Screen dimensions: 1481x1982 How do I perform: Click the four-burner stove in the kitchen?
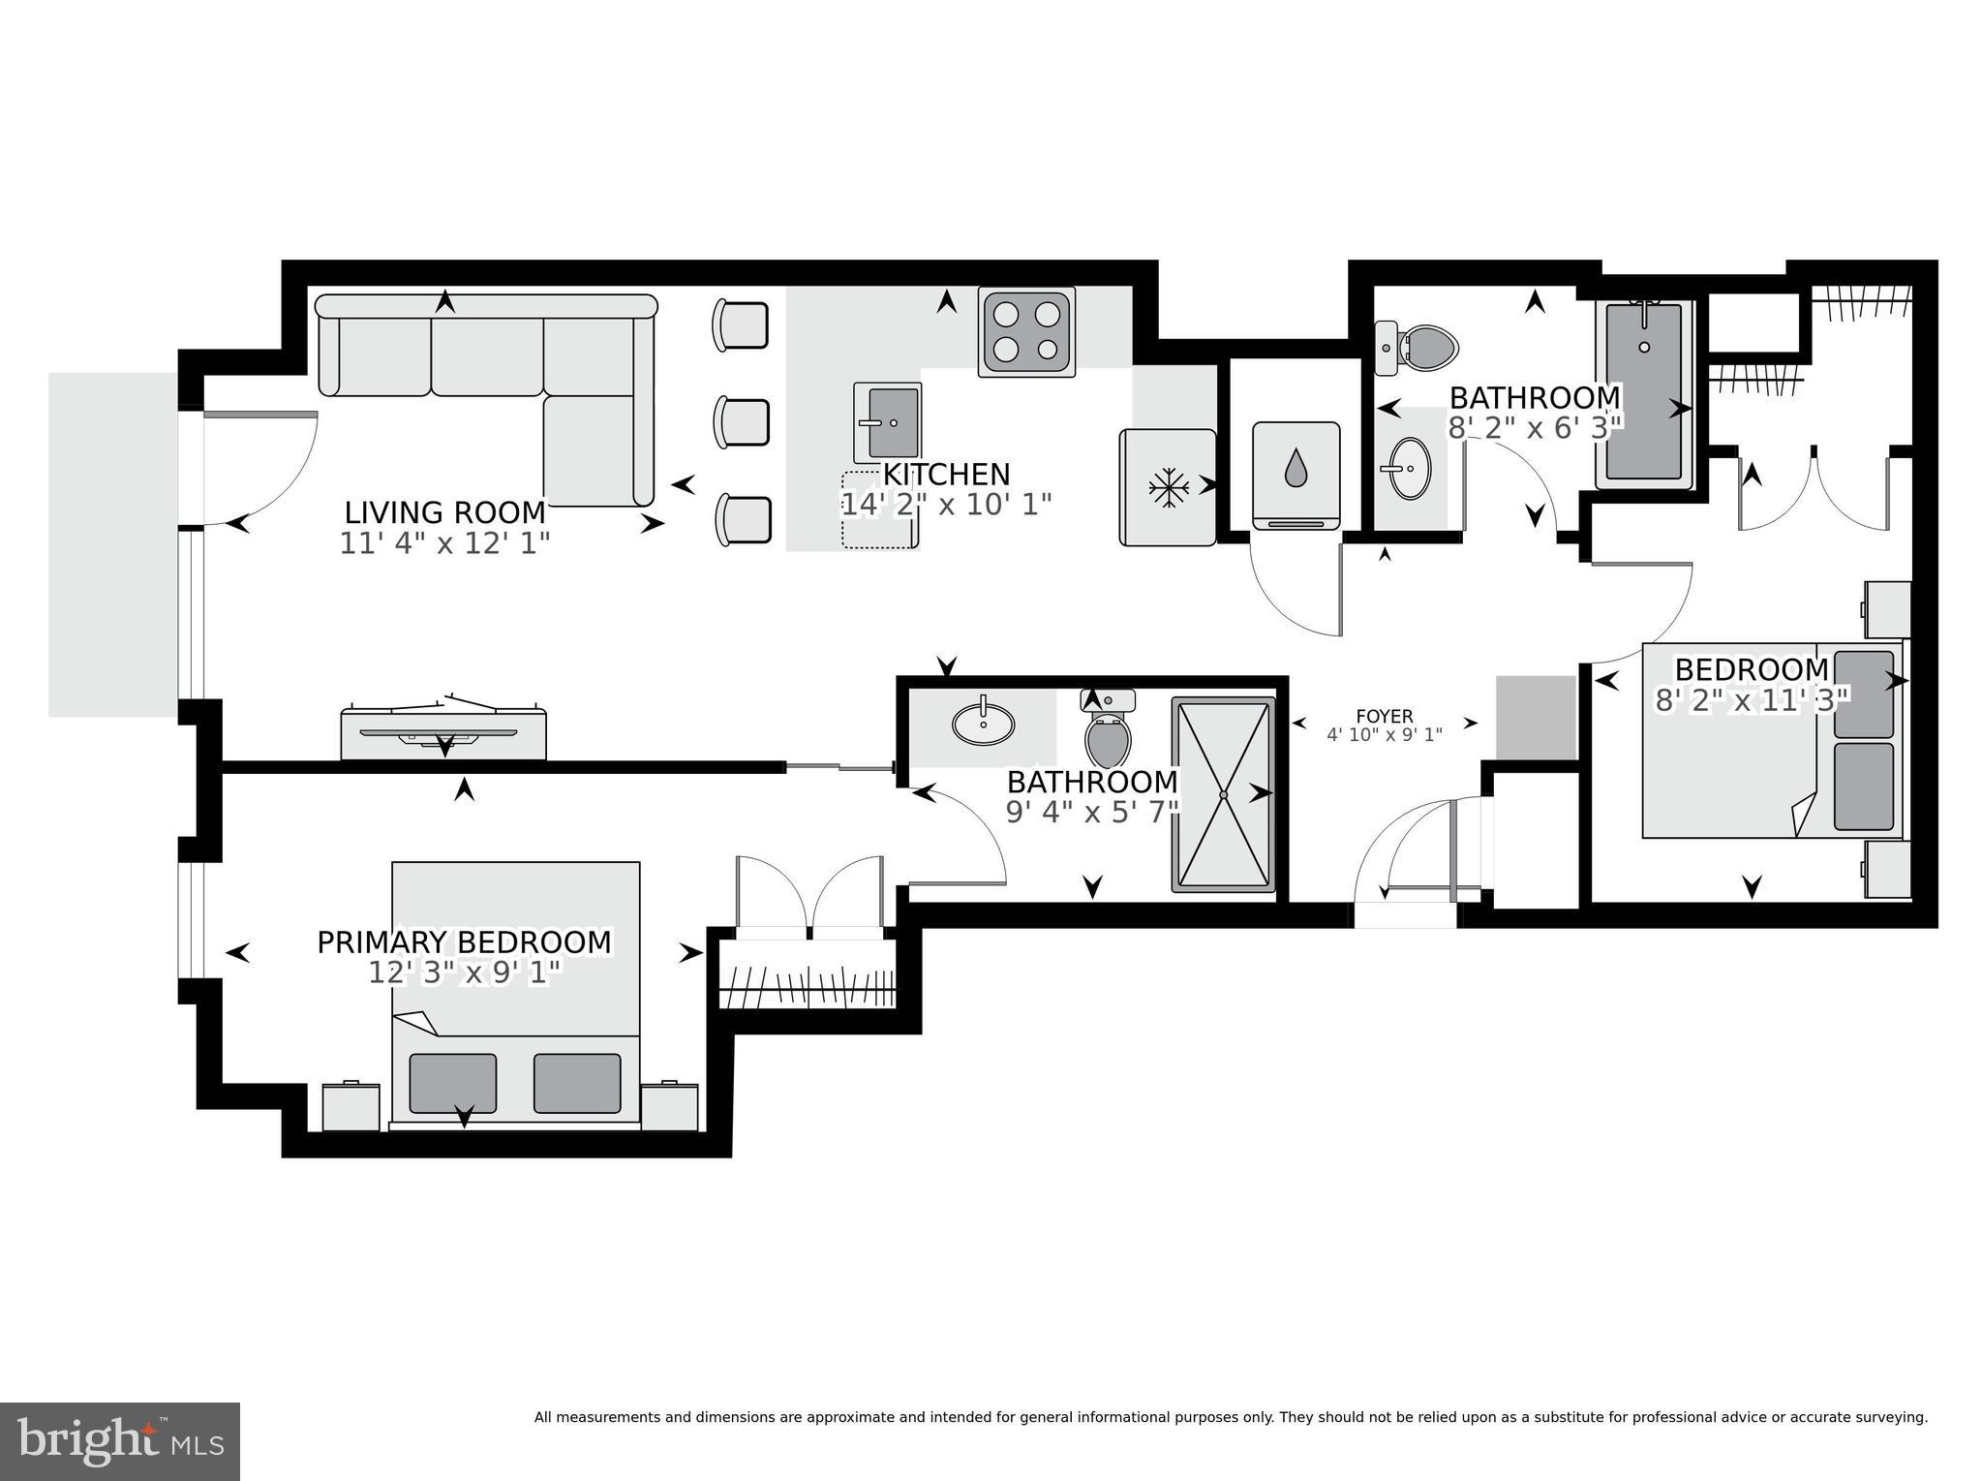click(x=1026, y=331)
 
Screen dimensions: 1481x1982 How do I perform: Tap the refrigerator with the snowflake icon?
click(x=1168, y=487)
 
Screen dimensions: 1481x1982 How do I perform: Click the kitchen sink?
click(x=887, y=422)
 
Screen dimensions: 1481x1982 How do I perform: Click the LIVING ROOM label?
click(x=444, y=511)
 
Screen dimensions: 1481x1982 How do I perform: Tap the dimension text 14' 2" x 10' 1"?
click(x=945, y=505)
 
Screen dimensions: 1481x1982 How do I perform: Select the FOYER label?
click(x=1384, y=716)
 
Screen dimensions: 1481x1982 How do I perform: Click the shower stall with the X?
click(x=1223, y=794)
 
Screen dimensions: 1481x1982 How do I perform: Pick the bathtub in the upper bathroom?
click(x=1644, y=391)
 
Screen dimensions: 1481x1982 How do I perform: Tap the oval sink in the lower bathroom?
click(x=984, y=722)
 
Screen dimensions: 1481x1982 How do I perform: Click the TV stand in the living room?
click(x=443, y=733)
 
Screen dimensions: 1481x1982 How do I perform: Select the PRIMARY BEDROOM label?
click(x=464, y=941)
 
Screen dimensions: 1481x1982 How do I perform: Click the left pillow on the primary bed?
click(x=452, y=1083)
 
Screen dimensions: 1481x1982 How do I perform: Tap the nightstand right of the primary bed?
click(x=669, y=1106)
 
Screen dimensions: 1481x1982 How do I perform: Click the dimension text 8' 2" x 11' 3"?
click(x=1753, y=699)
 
